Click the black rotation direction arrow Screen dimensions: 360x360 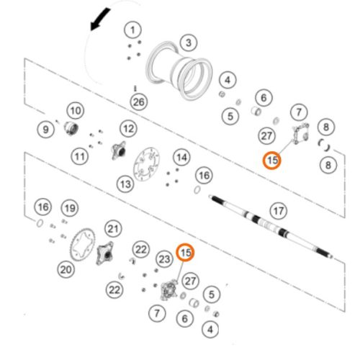99,19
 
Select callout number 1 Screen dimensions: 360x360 132,30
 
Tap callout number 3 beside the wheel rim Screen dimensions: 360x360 189,42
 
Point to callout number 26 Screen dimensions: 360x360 139,102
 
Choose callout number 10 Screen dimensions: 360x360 76,111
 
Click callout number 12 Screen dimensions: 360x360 129,129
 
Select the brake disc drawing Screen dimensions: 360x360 147,164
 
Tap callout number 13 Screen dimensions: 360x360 125,184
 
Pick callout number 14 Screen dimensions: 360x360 181,158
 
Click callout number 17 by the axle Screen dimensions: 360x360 279,211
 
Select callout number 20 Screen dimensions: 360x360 66,269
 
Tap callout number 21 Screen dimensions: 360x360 113,229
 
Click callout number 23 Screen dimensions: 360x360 165,259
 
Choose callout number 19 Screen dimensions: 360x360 70,208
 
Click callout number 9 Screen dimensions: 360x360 45,130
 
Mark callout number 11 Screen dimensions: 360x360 80,156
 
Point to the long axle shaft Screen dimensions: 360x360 271,226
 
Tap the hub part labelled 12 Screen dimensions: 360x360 119,150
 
